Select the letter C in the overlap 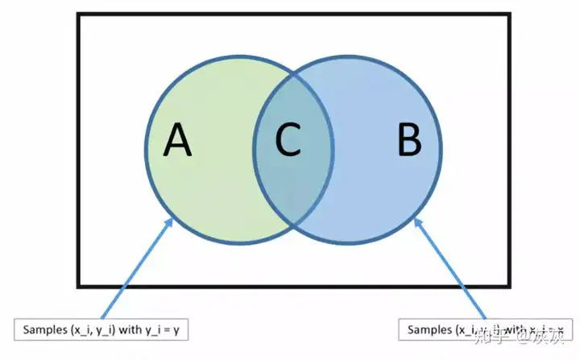click(x=288, y=141)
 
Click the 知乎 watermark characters click(x=491, y=330)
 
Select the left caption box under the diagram click(x=101, y=329)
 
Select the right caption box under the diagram click(x=488, y=329)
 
